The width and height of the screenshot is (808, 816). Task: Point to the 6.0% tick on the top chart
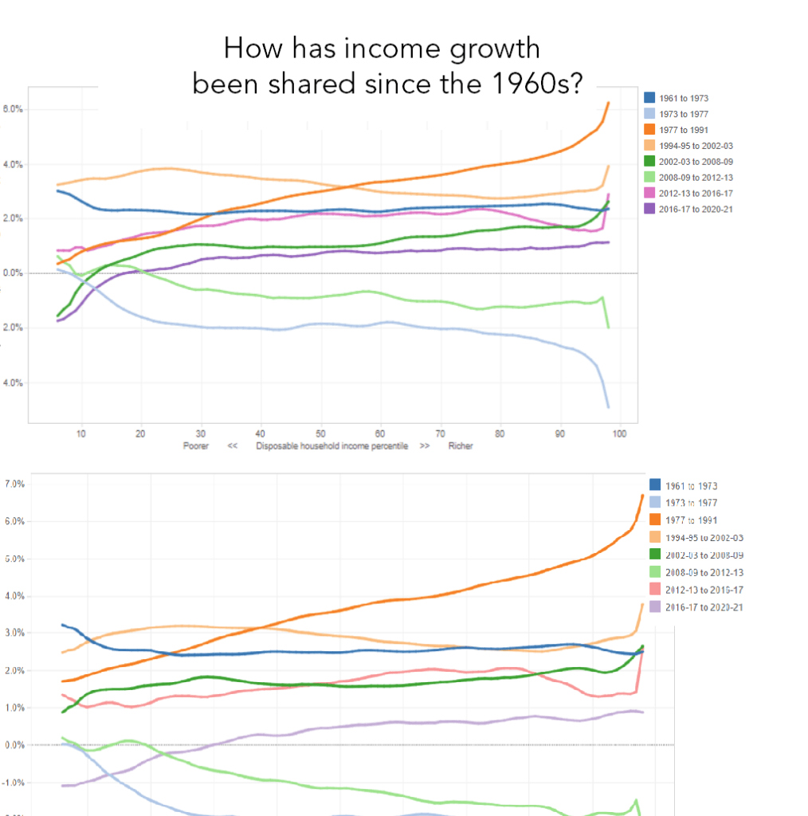[x=14, y=109]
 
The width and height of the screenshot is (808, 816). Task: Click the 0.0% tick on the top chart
[x=14, y=273]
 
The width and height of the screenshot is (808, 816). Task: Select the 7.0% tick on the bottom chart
[x=15, y=484]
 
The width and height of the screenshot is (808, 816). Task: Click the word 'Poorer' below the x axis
[x=195, y=446]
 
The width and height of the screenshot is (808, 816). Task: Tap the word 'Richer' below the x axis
[x=460, y=446]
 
